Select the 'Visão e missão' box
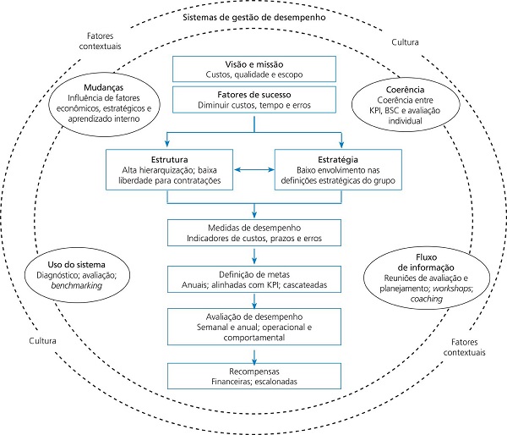(253, 69)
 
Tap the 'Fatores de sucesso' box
(253, 100)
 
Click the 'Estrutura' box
(167, 169)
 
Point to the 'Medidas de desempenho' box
(253, 233)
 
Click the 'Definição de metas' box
(253, 279)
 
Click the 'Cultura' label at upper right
(406, 41)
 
